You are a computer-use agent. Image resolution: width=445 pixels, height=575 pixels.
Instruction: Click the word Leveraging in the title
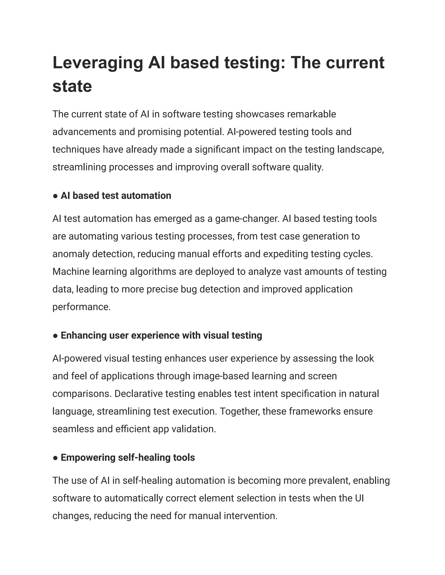pos(98,63)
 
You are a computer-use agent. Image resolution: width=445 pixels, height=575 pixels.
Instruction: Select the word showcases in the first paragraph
pos(260,114)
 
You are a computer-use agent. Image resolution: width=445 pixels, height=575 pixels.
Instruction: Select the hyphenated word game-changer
pos(247,219)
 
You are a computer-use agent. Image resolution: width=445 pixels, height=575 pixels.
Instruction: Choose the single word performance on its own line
pos(81,307)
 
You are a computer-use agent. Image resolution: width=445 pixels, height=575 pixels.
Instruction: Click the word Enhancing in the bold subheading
pos(83,336)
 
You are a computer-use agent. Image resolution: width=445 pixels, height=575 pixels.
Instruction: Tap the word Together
pos(240,411)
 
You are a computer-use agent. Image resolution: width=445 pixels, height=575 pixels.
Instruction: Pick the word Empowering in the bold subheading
pos(88,458)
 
